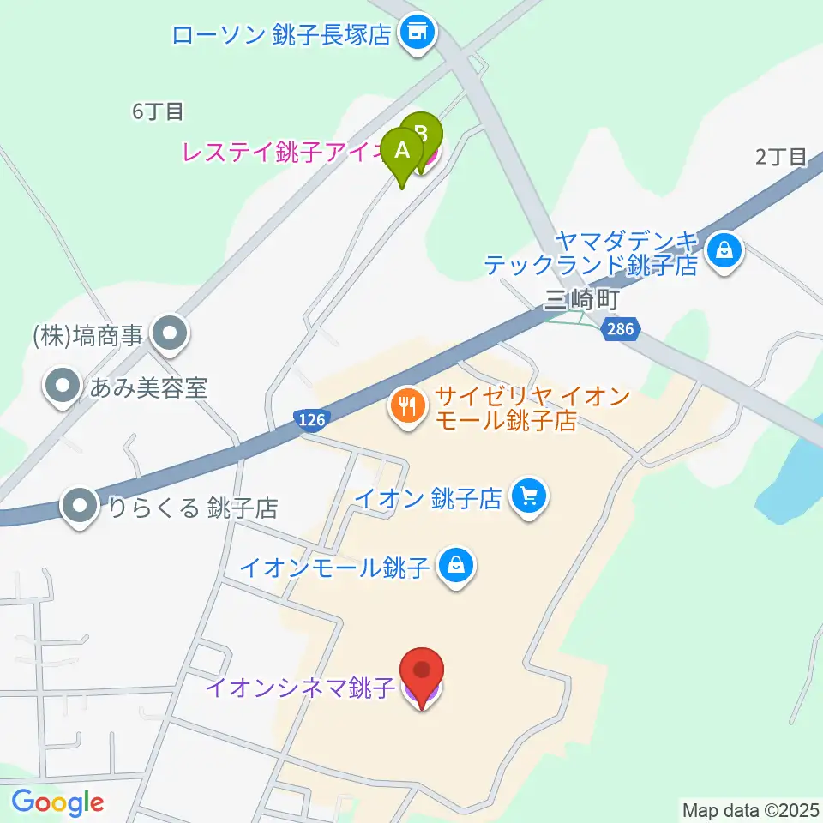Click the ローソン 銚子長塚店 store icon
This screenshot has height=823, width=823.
[418, 33]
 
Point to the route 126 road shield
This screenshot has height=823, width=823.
[313, 418]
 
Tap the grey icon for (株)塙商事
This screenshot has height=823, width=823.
[169, 334]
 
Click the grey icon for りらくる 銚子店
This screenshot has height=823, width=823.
[81, 507]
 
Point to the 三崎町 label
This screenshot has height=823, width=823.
[580, 300]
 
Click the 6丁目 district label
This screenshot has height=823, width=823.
[158, 111]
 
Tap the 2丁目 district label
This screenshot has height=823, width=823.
[781, 157]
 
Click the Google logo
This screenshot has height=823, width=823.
[57, 802]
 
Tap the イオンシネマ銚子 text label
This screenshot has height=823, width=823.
[299, 688]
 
